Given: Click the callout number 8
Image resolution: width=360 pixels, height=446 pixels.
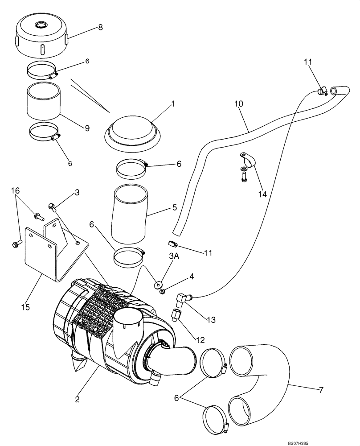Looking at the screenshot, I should [100, 28].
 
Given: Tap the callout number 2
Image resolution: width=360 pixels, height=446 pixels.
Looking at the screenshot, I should [78, 400].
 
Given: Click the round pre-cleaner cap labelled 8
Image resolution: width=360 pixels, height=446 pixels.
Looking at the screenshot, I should [42, 35].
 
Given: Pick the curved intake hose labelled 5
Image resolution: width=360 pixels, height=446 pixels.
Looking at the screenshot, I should [131, 214].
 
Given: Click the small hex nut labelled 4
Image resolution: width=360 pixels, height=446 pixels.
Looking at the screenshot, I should [164, 292].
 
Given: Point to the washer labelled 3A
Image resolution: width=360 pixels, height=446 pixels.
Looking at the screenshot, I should [158, 283].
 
